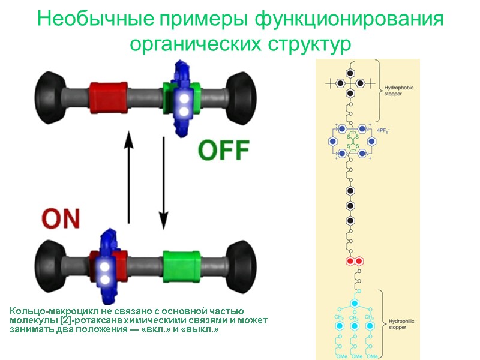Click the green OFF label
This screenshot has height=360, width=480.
tap(224, 149)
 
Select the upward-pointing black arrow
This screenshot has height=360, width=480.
tap(128, 178)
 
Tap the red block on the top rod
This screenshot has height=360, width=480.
tap(108, 96)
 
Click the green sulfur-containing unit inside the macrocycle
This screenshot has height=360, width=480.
tap(350, 143)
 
